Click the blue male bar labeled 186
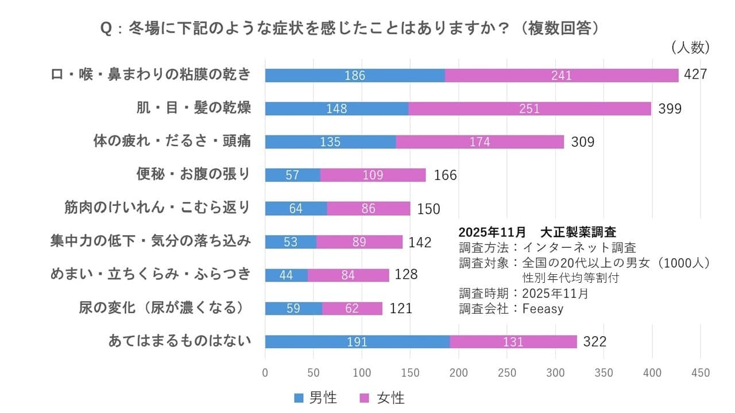354,75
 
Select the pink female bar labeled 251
529,108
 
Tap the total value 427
695,75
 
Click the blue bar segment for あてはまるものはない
357,342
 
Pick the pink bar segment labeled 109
373,175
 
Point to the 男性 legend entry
315,398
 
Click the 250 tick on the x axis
507,373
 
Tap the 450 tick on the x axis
701,373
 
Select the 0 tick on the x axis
265,373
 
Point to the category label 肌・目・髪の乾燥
194,108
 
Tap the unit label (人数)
690,48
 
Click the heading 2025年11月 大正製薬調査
537,232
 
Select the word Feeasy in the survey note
543,308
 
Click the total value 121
400,309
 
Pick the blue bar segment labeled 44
286,275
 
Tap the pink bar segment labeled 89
359,242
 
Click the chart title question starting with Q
350,29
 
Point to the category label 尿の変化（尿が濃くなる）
165,307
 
